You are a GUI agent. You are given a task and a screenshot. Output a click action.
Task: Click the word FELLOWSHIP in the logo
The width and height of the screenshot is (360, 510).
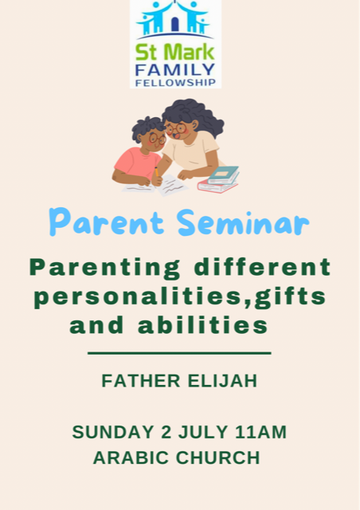pos(175,83)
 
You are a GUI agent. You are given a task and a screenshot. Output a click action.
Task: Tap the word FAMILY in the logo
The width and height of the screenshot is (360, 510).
pos(175,70)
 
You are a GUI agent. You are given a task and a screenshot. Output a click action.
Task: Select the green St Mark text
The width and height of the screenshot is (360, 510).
pos(175,52)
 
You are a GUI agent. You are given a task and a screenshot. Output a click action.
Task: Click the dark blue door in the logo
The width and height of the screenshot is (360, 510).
pos(175,25)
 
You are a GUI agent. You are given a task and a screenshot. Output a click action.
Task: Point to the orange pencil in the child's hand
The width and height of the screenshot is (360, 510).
pos(156,172)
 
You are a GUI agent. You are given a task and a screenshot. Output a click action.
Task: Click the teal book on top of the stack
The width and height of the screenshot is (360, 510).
pos(224,175)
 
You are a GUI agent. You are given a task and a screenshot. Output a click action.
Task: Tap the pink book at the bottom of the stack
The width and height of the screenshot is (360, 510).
pos(217,186)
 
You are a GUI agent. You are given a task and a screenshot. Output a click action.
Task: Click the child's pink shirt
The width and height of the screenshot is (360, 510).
pos(136,163)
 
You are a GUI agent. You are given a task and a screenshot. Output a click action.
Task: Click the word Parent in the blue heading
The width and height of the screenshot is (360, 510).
pos(107,222)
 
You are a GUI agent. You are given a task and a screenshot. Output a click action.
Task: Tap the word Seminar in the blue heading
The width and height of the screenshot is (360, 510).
pos(243,222)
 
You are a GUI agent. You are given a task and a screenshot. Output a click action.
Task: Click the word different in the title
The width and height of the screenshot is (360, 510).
pos(262,267)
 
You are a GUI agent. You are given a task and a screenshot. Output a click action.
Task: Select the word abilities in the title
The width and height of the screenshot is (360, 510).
pos(203,325)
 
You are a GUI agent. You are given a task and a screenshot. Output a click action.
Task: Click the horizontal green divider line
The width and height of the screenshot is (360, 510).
pos(179,353)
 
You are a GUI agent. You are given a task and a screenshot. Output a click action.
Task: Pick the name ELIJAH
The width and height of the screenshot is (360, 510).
pos(222,381)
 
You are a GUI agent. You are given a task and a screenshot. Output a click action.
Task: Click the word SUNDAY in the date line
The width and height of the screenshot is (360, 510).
pos(113,432)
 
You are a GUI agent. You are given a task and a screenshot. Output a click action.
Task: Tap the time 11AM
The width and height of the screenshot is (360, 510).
pos(260,432)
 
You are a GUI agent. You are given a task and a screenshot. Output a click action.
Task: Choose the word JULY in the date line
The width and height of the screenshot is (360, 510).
pos(202,432)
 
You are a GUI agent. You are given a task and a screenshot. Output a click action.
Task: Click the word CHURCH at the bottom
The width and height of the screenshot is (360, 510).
pos(218,457)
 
